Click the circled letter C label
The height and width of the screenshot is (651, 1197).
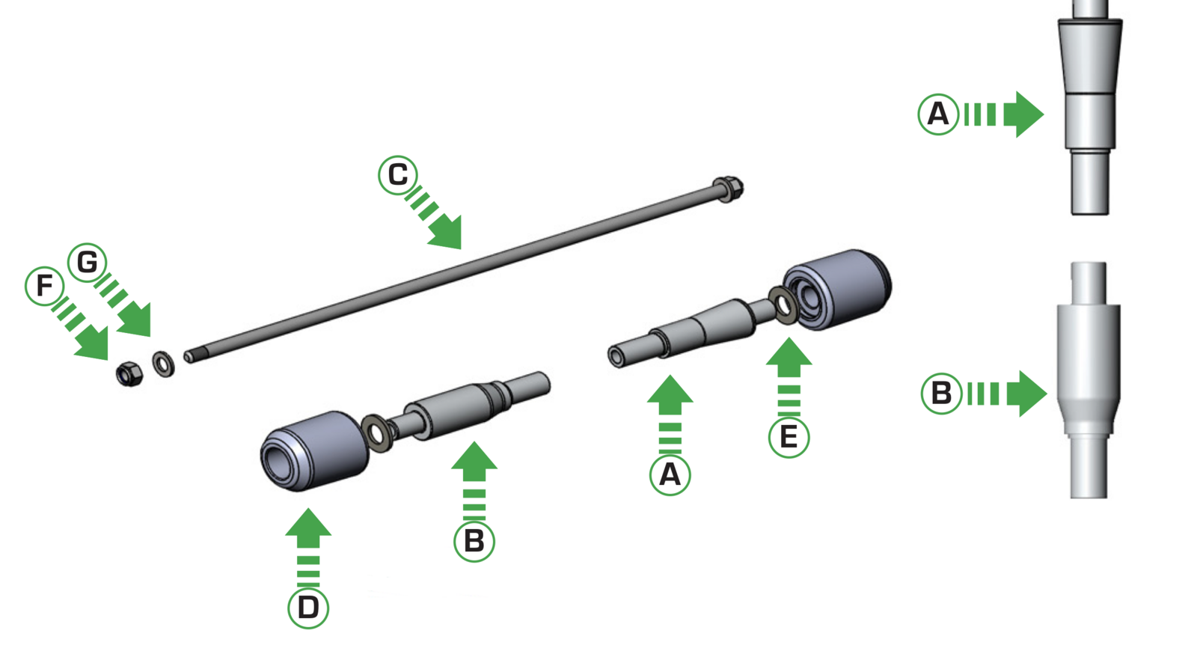(x=397, y=175)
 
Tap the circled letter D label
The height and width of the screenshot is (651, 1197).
(x=308, y=607)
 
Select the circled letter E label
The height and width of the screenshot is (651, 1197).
(x=789, y=436)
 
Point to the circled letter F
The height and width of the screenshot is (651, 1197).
(x=45, y=285)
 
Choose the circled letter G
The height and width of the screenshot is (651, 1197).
(x=88, y=262)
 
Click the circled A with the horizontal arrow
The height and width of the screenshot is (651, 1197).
(x=938, y=114)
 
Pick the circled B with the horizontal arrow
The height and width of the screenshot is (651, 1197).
(x=941, y=393)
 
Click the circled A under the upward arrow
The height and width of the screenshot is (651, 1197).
(x=670, y=474)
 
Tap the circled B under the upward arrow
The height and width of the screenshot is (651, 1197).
(x=474, y=540)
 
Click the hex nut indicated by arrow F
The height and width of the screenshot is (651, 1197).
(x=129, y=373)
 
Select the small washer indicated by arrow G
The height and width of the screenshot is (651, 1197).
(x=163, y=364)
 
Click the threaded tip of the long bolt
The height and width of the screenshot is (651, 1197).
(x=190, y=357)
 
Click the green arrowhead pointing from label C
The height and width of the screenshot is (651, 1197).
(x=448, y=233)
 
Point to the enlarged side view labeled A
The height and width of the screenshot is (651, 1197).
(x=1089, y=112)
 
